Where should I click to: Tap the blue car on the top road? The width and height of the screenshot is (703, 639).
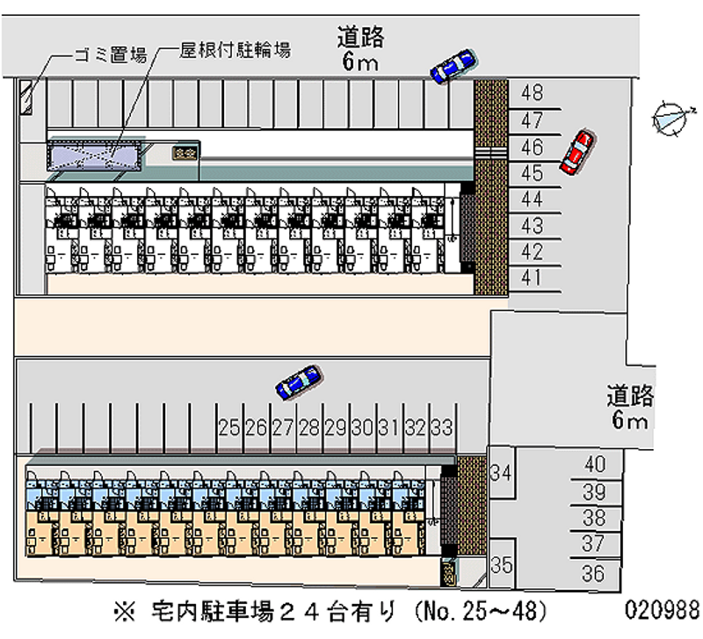click(x=453, y=67)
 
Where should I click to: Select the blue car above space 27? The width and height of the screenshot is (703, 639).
click(x=298, y=381)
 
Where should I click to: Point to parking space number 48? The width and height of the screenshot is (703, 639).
click(x=532, y=92)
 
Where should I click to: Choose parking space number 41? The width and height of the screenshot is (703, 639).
click(x=532, y=279)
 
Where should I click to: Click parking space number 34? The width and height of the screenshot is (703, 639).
click(x=501, y=473)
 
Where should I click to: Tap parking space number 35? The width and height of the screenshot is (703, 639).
click(x=501, y=565)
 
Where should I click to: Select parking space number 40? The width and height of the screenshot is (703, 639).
click(x=595, y=465)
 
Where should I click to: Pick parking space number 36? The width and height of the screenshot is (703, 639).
click(x=594, y=574)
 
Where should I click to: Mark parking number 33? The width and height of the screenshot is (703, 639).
click(x=442, y=428)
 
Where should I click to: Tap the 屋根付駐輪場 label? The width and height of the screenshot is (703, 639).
click(x=236, y=50)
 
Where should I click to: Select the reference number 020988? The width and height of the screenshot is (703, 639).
click(x=662, y=609)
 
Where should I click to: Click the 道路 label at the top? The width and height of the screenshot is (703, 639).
click(x=360, y=38)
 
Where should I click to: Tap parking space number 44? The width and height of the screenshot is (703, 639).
click(x=532, y=199)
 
